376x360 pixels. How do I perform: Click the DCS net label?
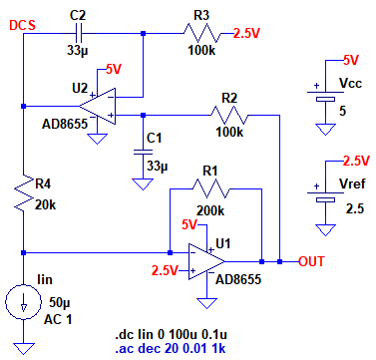click(x=22, y=26)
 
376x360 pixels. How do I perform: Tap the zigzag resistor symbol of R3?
click(x=201, y=33)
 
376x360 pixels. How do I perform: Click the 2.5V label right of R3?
click(x=246, y=34)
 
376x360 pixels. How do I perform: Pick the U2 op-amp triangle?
click(x=97, y=107)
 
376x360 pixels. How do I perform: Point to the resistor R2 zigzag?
click(x=229, y=115)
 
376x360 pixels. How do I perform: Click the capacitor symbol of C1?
click(x=143, y=152)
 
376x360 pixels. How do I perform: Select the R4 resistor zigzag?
click(x=23, y=192)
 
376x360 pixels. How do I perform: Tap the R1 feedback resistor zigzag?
click(x=210, y=188)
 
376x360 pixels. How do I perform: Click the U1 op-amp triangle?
click(x=206, y=261)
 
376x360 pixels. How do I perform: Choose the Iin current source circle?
click(x=23, y=302)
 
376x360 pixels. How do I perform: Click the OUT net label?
click(x=311, y=261)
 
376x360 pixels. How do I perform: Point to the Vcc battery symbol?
click(x=325, y=97)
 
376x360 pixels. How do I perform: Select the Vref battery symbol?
click(x=325, y=196)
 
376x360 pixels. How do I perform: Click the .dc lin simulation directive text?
click(x=171, y=334)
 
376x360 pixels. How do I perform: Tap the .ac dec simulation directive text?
click(x=171, y=349)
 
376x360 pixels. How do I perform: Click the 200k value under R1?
click(x=210, y=210)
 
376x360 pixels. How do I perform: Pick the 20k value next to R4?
click(x=46, y=205)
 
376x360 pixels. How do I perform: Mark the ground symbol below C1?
click(x=143, y=183)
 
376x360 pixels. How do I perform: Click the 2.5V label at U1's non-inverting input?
click(x=165, y=270)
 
